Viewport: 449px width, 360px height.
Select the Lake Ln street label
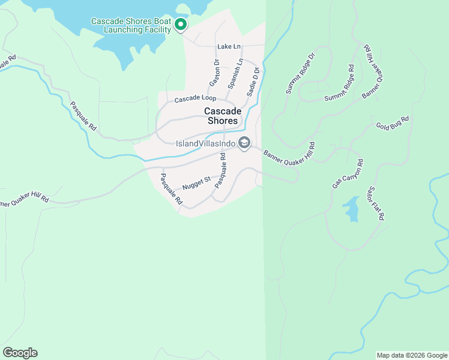click(x=229, y=46)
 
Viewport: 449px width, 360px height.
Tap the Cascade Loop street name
click(x=195, y=98)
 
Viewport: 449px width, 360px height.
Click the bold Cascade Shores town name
click(x=223, y=116)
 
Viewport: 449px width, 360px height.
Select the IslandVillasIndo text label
click(x=205, y=143)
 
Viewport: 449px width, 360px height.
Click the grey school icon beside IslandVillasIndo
click(x=244, y=143)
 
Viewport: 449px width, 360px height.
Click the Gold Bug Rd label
click(x=392, y=123)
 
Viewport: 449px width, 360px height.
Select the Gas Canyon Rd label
click(x=348, y=174)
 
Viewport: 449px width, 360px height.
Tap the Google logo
click(x=20, y=353)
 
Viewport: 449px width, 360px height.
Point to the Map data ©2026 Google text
click(x=411, y=355)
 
